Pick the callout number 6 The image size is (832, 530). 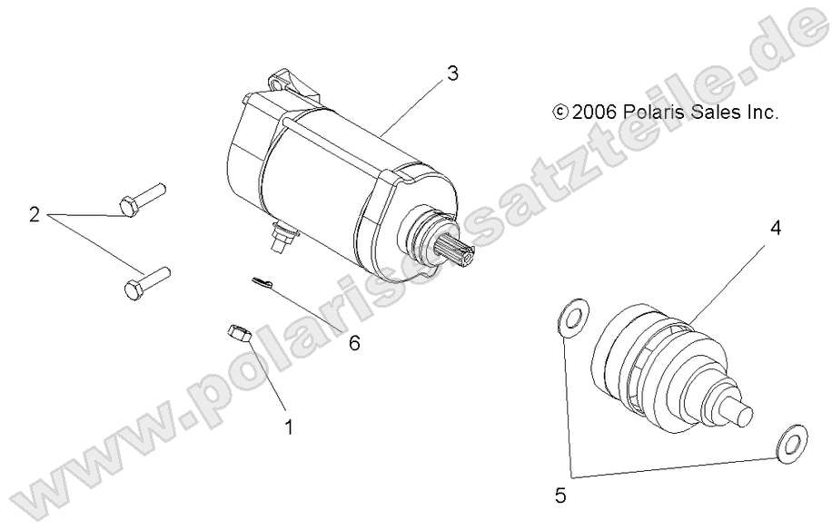(x=354, y=343)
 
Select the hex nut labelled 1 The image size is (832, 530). (x=238, y=332)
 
